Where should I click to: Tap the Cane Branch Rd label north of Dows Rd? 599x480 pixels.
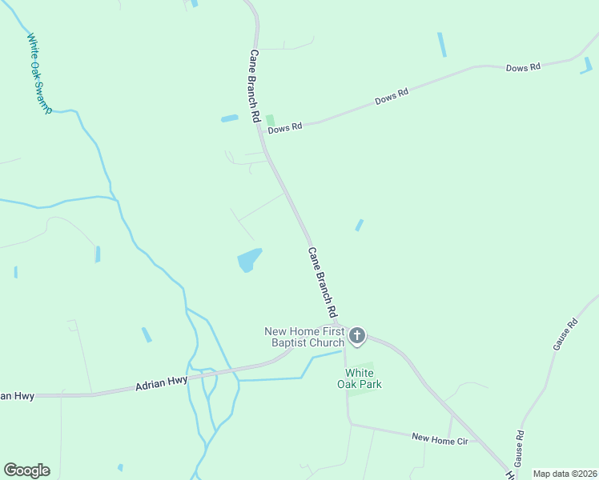(x=254, y=86)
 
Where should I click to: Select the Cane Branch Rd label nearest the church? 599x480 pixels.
(x=322, y=282)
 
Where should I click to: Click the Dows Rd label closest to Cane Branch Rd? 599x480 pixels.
(x=285, y=127)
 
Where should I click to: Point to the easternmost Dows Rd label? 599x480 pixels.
(x=523, y=68)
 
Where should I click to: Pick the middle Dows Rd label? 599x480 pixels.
(x=392, y=97)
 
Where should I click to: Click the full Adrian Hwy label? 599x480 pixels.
(x=161, y=384)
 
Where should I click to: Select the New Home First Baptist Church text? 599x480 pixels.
(x=305, y=337)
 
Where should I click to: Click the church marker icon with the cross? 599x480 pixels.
(x=357, y=336)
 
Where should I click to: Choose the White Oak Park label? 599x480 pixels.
(x=363, y=378)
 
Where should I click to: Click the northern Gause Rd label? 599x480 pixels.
(x=565, y=335)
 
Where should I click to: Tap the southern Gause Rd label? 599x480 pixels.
(x=519, y=449)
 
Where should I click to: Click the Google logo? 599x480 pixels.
(x=26, y=470)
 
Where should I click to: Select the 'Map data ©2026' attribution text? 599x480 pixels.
(x=565, y=474)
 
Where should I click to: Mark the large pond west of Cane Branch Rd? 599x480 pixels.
(x=249, y=259)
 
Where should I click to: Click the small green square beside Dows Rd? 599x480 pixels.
(x=270, y=119)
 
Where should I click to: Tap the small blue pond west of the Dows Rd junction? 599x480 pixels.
(x=230, y=118)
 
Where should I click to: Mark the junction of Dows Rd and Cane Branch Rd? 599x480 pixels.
(x=262, y=130)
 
